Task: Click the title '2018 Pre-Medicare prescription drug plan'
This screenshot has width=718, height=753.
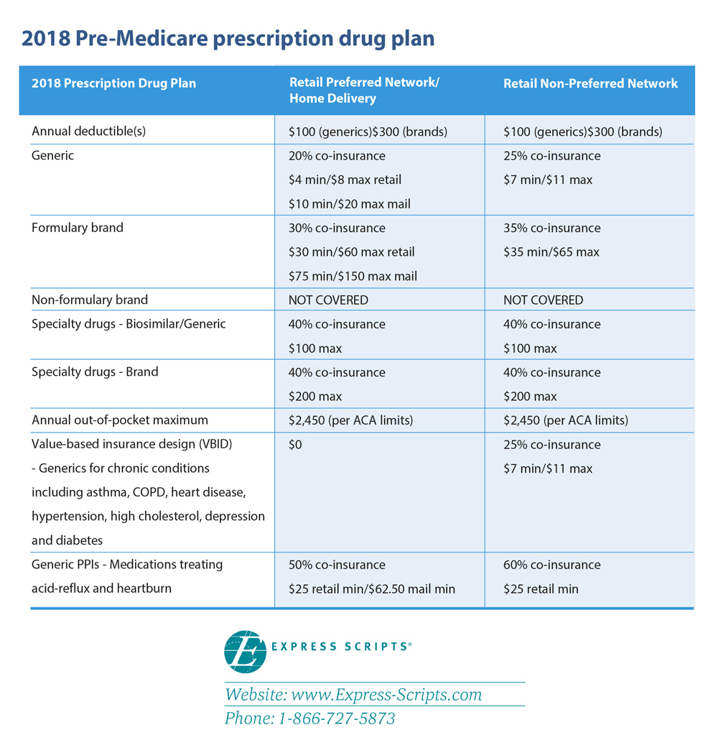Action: (228, 39)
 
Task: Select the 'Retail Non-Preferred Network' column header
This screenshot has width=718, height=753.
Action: (590, 83)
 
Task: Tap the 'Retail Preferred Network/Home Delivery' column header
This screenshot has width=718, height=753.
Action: (364, 91)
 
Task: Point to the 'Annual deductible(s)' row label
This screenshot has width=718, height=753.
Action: (89, 131)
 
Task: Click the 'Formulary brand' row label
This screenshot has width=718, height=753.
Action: (78, 227)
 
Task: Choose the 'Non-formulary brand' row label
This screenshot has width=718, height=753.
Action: (90, 300)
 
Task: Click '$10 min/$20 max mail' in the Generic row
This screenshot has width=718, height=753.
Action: (350, 204)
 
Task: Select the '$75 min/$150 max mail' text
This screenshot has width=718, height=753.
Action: (353, 276)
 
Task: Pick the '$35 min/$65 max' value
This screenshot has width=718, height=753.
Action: (551, 252)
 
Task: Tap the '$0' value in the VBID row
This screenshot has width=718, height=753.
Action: (295, 445)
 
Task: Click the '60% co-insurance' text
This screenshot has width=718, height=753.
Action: (552, 565)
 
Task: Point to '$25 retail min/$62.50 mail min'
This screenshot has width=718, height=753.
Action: (372, 588)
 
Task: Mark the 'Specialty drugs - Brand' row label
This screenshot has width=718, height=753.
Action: (95, 371)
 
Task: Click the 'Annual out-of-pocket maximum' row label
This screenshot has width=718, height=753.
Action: (120, 420)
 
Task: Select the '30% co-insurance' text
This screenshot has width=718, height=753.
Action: (337, 228)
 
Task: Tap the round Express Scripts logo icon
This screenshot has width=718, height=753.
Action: (246, 652)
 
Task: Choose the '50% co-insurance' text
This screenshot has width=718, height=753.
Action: (337, 565)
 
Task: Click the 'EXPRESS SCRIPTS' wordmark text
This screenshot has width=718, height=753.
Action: (342, 647)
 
